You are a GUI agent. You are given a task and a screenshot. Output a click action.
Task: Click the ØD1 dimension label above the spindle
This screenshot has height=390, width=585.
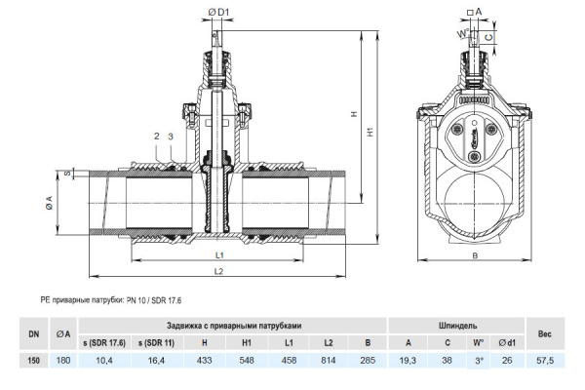(218, 13)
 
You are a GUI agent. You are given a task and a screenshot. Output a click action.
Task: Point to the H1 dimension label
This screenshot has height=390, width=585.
(370, 132)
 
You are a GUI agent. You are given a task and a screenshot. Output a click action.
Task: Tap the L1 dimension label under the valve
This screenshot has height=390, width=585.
(219, 254)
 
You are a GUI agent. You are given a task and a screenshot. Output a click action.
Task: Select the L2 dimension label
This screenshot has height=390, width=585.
(218, 271)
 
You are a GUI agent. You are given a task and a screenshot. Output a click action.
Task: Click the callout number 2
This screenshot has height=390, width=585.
(157, 136)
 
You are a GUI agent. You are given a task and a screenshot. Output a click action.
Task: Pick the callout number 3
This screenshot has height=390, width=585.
(171, 136)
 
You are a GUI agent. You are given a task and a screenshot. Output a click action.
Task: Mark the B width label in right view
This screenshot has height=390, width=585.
(475, 255)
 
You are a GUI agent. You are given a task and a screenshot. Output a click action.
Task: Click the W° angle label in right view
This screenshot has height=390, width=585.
(462, 34)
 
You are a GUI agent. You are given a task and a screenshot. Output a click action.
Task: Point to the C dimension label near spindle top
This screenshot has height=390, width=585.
(488, 37)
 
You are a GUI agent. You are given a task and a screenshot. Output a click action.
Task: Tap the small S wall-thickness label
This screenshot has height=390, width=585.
(67, 174)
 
